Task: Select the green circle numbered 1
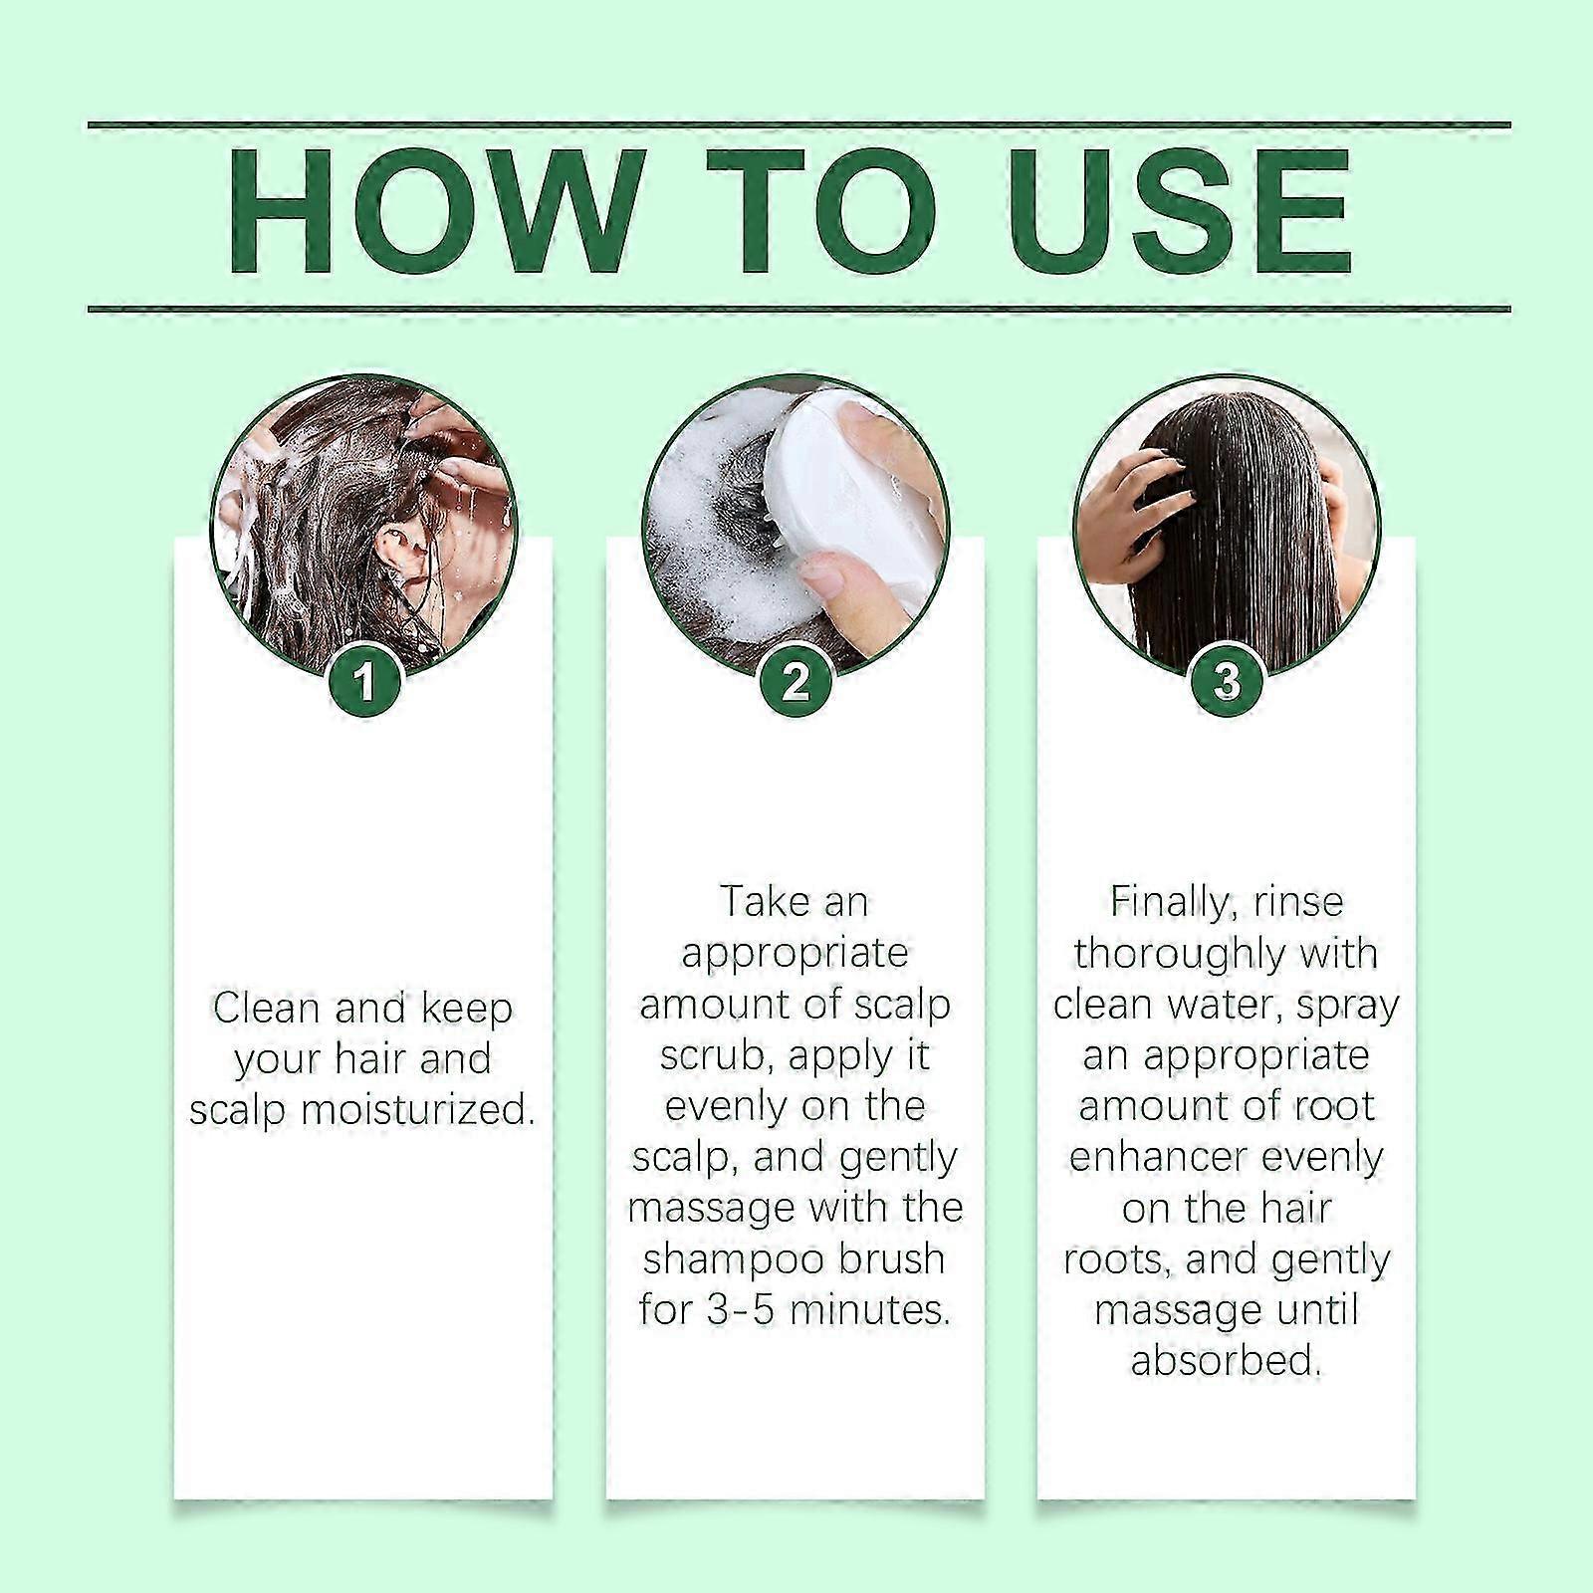coord(364,682)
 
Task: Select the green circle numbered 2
coord(796,682)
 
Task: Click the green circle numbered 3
coord(1227,682)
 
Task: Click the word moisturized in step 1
coord(418,1109)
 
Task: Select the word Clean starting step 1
coord(265,1008)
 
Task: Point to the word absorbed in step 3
coord(1226,1360)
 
